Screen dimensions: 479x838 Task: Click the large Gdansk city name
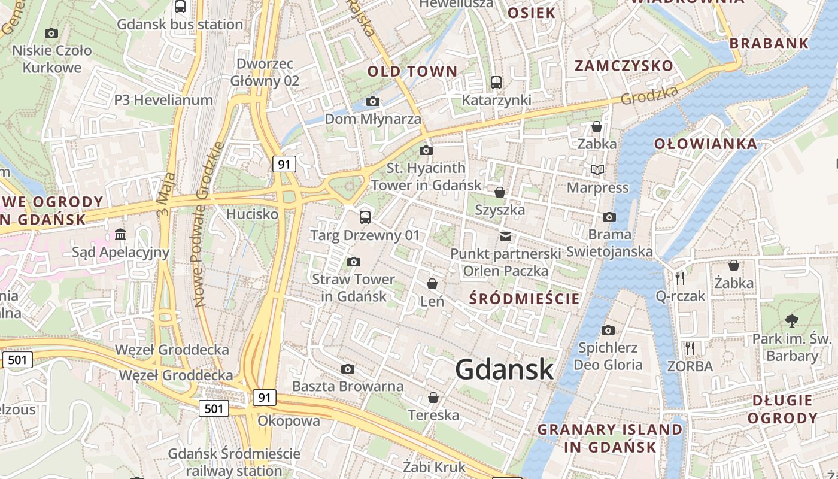(x=505, y=369)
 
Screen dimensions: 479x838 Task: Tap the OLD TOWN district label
(x=412, y=72)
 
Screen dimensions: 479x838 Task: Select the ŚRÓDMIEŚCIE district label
(x=524, y=299)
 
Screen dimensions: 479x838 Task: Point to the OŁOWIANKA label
(x=705, y=144)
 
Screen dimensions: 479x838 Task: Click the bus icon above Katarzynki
(x=496, y=83)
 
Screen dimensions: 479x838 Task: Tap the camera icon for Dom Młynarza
(x=372, y=102)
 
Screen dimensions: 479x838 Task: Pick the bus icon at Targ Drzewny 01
(x=365, y=217)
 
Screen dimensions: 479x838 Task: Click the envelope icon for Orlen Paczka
(x=506, y=236)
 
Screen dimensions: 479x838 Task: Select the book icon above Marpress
(x=597, y=170)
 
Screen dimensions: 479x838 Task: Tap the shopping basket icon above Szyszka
(x=499, y=192)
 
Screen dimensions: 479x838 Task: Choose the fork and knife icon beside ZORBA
(x=690, y=348)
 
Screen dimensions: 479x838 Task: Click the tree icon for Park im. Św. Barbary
(x=791, y=321)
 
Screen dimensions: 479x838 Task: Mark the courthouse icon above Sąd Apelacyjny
(x=120, y=234)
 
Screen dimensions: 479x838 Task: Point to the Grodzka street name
(x=649, y=95)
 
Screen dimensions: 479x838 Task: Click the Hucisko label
(x=252, y=214)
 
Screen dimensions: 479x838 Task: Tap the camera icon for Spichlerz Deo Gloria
(x=608, y=330)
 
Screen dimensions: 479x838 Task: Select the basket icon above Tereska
(x=433, y=398)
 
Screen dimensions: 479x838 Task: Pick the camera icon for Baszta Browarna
(x=347, y=369)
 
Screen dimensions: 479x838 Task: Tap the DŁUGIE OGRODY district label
(x=782, y=409)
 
